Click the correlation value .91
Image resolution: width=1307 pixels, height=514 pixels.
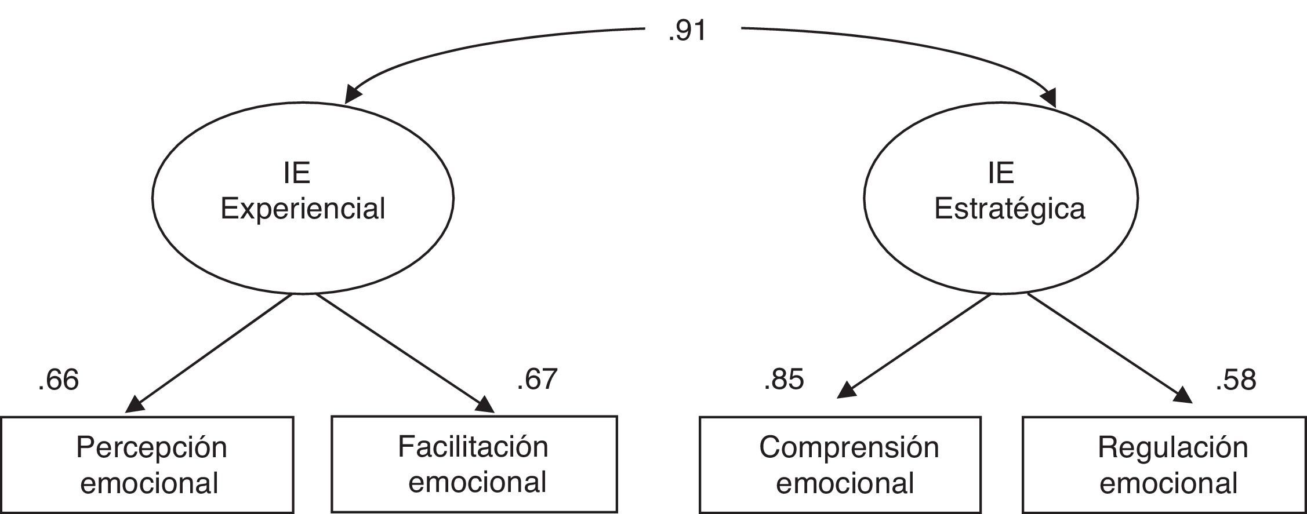[x=687, y=30]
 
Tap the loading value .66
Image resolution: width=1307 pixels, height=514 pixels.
[x=58, y=381]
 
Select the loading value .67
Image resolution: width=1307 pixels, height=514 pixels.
[x=537, y=379]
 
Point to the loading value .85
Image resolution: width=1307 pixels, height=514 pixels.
[x=784, y=380]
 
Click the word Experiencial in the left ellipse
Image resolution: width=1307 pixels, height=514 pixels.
[x=303, y=209]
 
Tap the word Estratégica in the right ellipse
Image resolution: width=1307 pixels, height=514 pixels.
[x=1010, y=209]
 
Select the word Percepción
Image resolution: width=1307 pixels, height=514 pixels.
[x=151, y=448]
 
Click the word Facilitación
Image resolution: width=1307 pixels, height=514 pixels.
[x=473, y=447]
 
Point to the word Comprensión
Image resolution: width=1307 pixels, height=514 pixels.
[x=849, y=448]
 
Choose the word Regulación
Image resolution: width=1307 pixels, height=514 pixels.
[x=1172, y=448]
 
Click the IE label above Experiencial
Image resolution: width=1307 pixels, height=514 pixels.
[x=297, y=173]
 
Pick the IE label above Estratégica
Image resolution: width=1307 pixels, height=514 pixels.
[x=1001, y=173]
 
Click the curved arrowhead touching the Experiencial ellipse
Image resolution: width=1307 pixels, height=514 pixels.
[x=353, y=94]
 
